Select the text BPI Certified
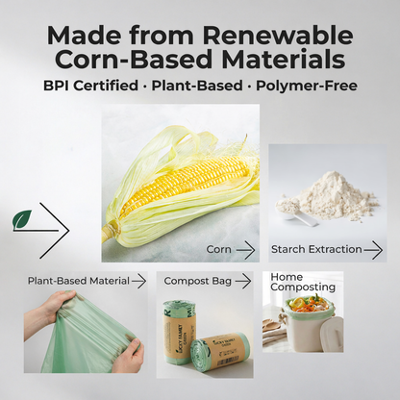tap(90, 86)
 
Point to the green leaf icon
tap(21, 219)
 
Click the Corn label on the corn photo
tap(218, 250)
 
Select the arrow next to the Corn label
tap(245, 250)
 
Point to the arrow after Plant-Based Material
tap(138, 281)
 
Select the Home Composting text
tap(302, 282)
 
